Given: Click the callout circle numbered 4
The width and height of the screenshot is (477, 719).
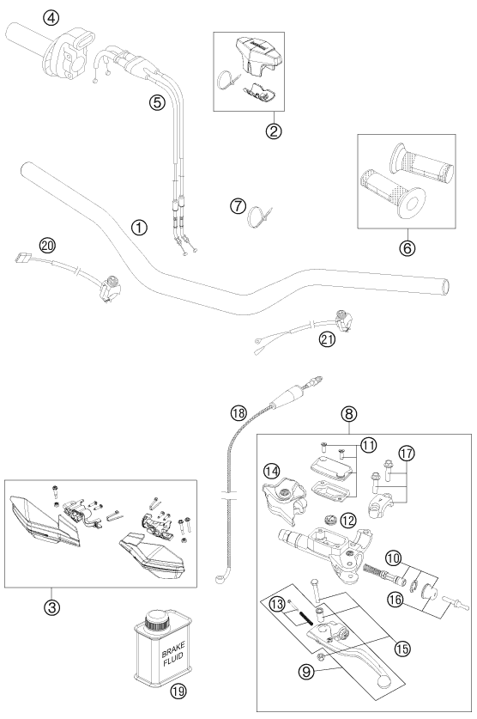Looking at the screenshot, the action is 51,18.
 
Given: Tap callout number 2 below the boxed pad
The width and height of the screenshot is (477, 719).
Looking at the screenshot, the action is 274,131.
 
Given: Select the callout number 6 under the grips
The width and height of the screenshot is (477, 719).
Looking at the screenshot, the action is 407,248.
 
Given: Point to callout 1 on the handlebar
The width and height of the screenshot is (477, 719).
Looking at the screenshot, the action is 139,228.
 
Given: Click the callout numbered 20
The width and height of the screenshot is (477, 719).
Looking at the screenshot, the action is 47,246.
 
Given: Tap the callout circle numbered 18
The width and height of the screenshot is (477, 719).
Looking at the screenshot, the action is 238,413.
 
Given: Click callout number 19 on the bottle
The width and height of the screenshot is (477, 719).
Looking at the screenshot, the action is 178,691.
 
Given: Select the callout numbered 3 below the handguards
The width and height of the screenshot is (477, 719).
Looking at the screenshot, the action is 51,607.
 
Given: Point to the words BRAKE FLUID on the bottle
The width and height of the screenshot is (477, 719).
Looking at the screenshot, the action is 173,651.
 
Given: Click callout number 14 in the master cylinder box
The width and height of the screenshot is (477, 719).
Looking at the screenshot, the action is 271,471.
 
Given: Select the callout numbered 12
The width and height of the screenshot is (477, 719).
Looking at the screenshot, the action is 348,521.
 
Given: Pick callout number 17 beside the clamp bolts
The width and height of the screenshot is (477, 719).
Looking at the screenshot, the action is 406,453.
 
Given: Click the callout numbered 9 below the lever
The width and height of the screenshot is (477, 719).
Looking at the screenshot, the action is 306,673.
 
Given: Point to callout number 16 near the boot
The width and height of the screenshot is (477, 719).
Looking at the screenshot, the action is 396,599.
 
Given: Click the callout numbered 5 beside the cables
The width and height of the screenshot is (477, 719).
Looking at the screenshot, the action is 157,102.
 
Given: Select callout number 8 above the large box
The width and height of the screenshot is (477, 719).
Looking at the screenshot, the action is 349,414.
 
